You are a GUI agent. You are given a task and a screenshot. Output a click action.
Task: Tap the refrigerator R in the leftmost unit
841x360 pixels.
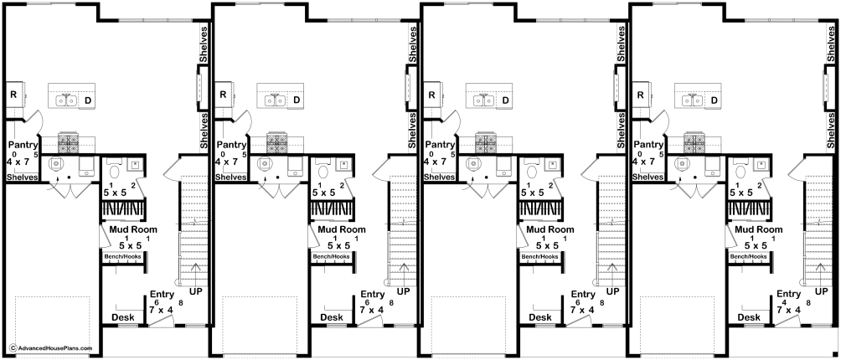[x=13, y=95]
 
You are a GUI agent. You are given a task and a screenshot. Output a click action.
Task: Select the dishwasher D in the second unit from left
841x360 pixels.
[x=296, y=100]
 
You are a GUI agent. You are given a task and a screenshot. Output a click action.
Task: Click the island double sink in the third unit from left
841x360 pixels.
[x=485, y=100]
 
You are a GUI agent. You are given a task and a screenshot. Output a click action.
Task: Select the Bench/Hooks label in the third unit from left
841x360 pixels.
[x=540, y=257]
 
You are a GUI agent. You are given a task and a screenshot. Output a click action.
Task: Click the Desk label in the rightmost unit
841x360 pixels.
[x=748, y=317]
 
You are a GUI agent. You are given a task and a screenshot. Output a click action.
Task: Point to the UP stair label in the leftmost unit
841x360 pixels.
[x=196, y=292]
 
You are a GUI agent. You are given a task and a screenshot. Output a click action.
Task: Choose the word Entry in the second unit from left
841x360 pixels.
[x=372, y=295]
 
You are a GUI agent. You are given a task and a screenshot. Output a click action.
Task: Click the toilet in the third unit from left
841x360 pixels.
[x=532, y=169]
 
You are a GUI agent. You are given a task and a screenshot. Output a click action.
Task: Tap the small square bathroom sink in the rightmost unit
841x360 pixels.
[x=761, y=164]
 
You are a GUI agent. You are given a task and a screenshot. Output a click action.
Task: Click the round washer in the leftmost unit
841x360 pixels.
[x=56, y=163]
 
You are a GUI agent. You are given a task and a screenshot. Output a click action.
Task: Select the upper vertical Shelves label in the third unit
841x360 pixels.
[x=621, y=44]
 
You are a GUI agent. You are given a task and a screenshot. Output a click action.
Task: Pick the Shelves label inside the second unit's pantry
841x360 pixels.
[x=231, y=177]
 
